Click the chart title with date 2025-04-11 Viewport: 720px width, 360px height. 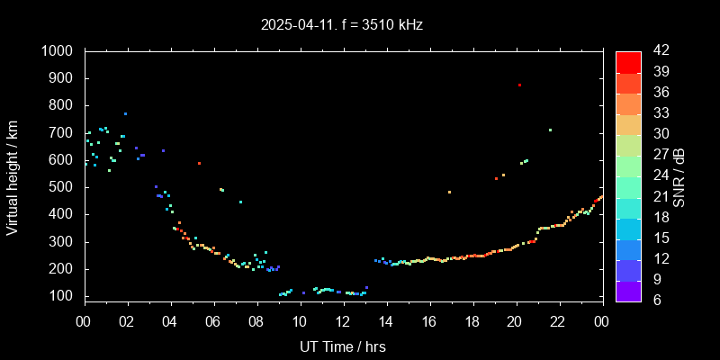pyautogui.click(x=342, y=25)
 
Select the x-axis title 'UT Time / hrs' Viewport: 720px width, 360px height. pyautogui.click(x=343, y=346)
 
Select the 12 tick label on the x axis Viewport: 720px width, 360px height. pyautogui.click(x=343, y=321)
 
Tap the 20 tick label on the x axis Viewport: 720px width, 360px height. pyautogui.click(x=515, y=321)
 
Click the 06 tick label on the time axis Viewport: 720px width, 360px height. pyautogui.click(x=213, y=321)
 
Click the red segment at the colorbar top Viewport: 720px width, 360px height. pyautogui.click(x=628, y=61)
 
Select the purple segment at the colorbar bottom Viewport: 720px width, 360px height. pyautogui.click(x=628, y=290)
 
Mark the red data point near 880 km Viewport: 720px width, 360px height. pyautogui.click(x=519, y=85)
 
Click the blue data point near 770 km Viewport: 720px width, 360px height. pyautogui.click(x=125, y=114)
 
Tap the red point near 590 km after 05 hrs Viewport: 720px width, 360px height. pyautogui.click(x=199, y=163)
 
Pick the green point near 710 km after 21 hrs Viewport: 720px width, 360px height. pyautogui.click(x=550, y=130)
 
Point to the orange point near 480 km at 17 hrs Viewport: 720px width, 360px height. pyautogui.click(x=449, y=192)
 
